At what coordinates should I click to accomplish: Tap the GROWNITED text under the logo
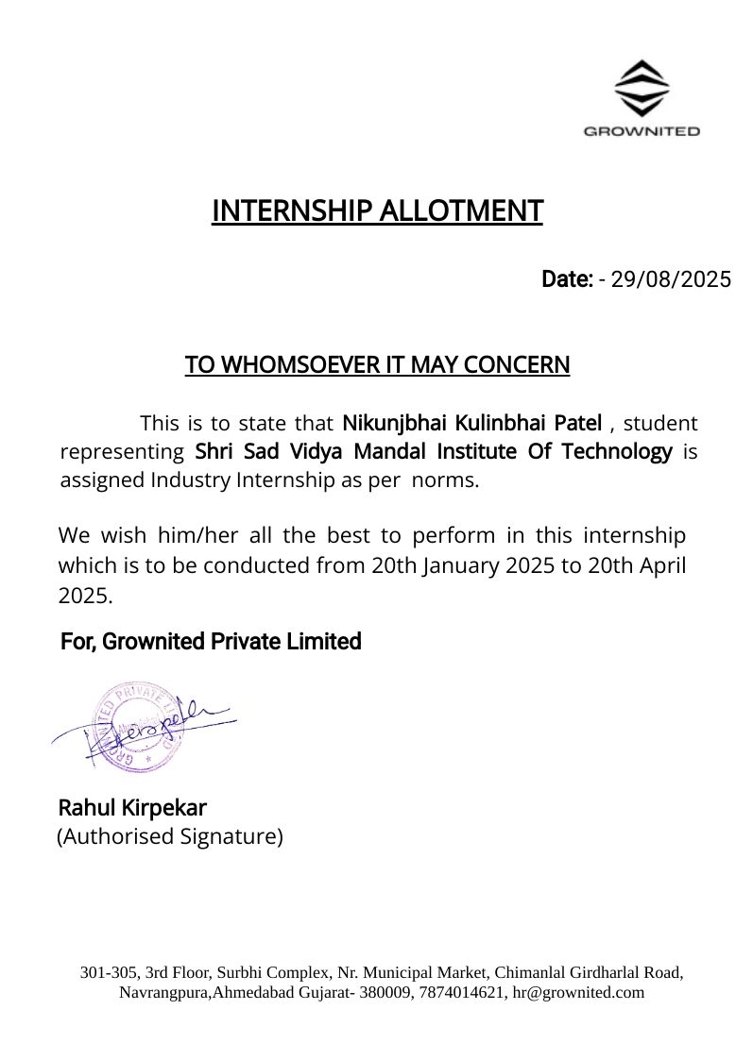(642, 131)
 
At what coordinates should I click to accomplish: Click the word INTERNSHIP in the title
(292, 210)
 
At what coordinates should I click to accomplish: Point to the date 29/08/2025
(671, 279)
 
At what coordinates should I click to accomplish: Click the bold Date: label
(567, 279)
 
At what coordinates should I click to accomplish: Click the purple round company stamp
(134, 725)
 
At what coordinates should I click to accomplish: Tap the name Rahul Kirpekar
(132, 808)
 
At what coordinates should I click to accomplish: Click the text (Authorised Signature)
(170, 836)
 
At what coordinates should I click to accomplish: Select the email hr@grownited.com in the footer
(578, 992)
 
